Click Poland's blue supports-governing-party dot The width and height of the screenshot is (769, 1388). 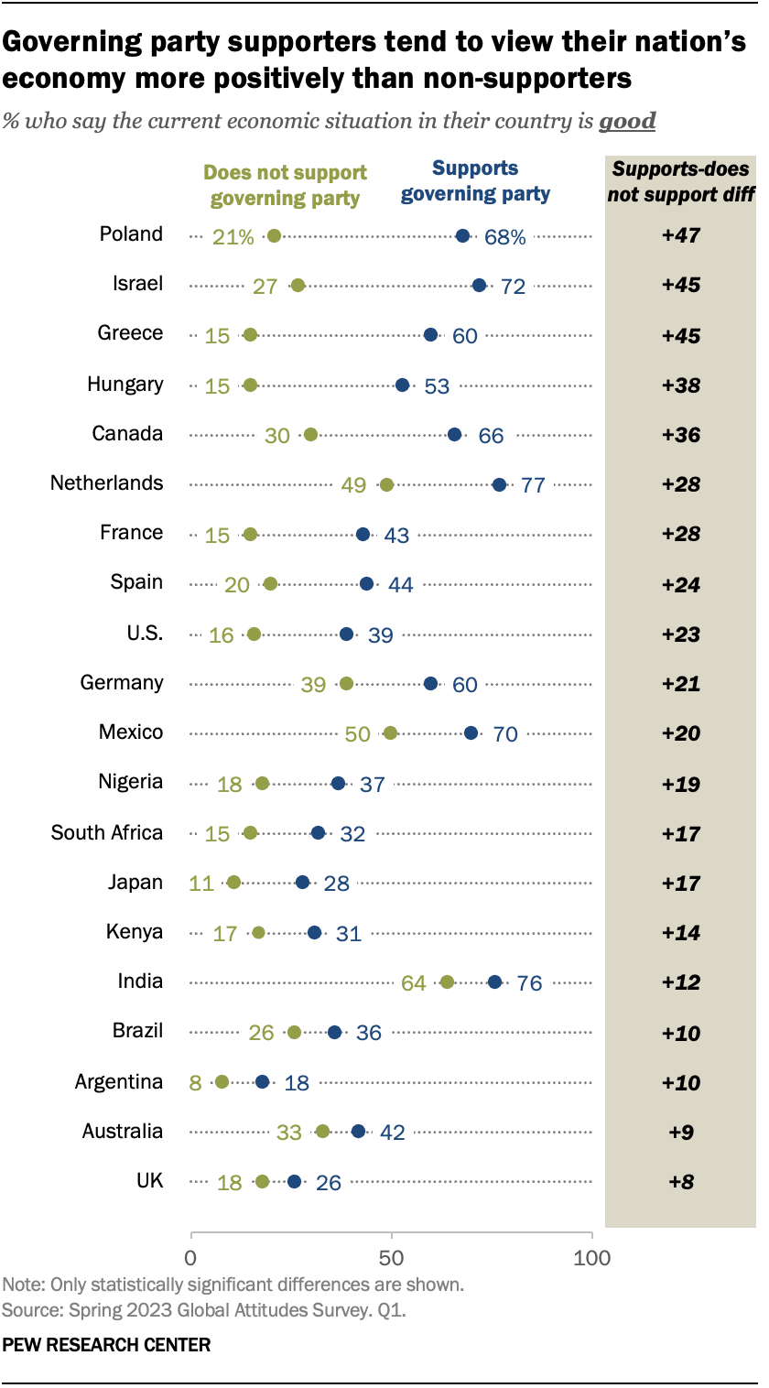462,236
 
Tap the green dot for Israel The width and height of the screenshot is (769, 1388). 298,286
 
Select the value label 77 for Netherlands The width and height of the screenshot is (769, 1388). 533,485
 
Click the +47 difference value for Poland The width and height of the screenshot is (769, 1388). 680,236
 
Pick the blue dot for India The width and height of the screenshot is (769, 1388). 494,981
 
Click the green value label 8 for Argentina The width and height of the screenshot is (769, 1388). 195,1082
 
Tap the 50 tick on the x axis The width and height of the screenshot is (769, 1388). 392,1257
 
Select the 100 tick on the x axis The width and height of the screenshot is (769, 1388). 591,1257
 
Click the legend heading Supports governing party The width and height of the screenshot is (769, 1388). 475,180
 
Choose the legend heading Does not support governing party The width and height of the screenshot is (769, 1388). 285,185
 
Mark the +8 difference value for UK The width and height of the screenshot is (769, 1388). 680,1182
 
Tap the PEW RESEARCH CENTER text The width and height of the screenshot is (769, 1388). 106,1345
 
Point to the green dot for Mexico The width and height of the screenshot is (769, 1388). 390,733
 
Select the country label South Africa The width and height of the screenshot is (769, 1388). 106,833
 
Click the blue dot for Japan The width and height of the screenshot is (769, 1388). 302,883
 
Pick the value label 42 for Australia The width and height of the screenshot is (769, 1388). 392,1133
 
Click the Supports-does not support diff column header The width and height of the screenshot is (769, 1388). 680,180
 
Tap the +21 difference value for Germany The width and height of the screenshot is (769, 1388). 680,684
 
